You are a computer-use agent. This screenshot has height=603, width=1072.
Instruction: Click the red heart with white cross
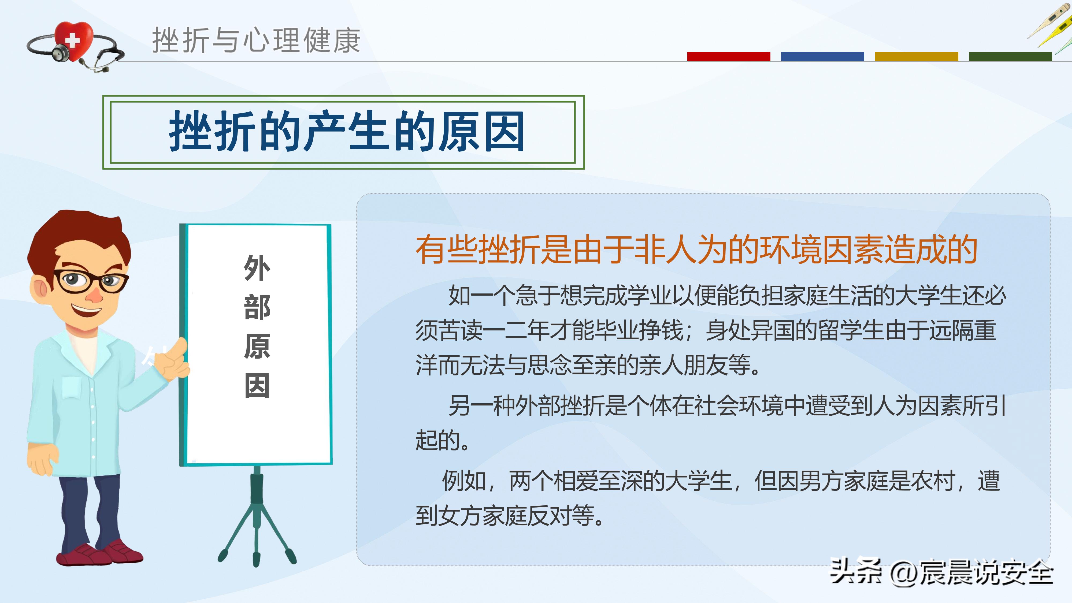(74, 40)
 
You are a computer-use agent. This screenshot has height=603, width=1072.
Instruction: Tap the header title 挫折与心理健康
(256, 41)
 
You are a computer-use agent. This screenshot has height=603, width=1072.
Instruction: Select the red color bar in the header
(728, 57)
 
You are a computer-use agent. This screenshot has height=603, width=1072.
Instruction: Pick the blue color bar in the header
(822, 57)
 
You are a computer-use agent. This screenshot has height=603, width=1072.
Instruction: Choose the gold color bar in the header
(916, 57)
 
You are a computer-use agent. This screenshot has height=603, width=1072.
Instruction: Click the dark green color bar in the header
(1010, 57)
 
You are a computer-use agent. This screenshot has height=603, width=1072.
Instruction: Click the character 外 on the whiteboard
(257, 269)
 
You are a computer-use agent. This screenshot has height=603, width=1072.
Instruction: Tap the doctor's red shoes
(100, 553)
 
